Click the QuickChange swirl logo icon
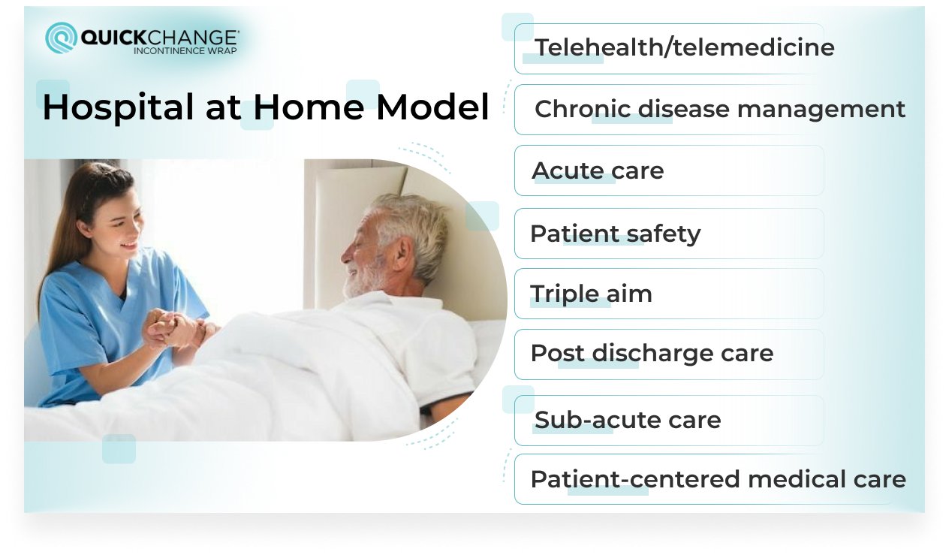(62, 38)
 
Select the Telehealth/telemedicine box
(668, 48)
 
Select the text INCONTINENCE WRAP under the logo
(185, 51)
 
